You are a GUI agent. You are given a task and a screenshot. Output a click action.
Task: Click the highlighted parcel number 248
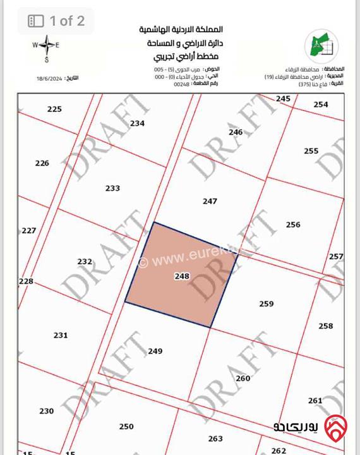[x=182, y=276]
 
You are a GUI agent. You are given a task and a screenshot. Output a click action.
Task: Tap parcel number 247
[x=210, y=202]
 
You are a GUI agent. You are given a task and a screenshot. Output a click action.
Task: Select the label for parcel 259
[x=267, y=304]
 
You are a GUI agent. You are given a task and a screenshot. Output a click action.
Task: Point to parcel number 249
[x=155, y=351]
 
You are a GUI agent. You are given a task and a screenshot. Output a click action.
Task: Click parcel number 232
[x=85, y=262]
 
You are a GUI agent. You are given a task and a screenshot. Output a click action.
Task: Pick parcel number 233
[x=112, y=188]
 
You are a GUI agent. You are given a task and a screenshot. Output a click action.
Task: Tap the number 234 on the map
[x=137, y=124]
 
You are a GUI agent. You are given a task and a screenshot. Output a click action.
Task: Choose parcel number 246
[x=236, y=132]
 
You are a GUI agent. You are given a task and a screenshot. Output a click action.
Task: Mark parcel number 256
[x=293, y=225]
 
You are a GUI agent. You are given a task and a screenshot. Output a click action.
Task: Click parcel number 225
[x=55, y=109]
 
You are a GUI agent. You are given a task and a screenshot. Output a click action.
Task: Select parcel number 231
[x=60, y=336]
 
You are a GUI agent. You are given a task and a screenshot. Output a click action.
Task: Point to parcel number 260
[x=243, y=379]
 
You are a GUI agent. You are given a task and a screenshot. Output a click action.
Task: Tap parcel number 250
[x=126, y=427]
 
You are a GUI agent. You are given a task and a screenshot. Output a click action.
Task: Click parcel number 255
[x=311, y=151]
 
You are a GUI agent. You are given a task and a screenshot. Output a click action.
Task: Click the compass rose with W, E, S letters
[x=45, y=46]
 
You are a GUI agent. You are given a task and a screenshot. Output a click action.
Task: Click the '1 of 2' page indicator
[x=56, y=21]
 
